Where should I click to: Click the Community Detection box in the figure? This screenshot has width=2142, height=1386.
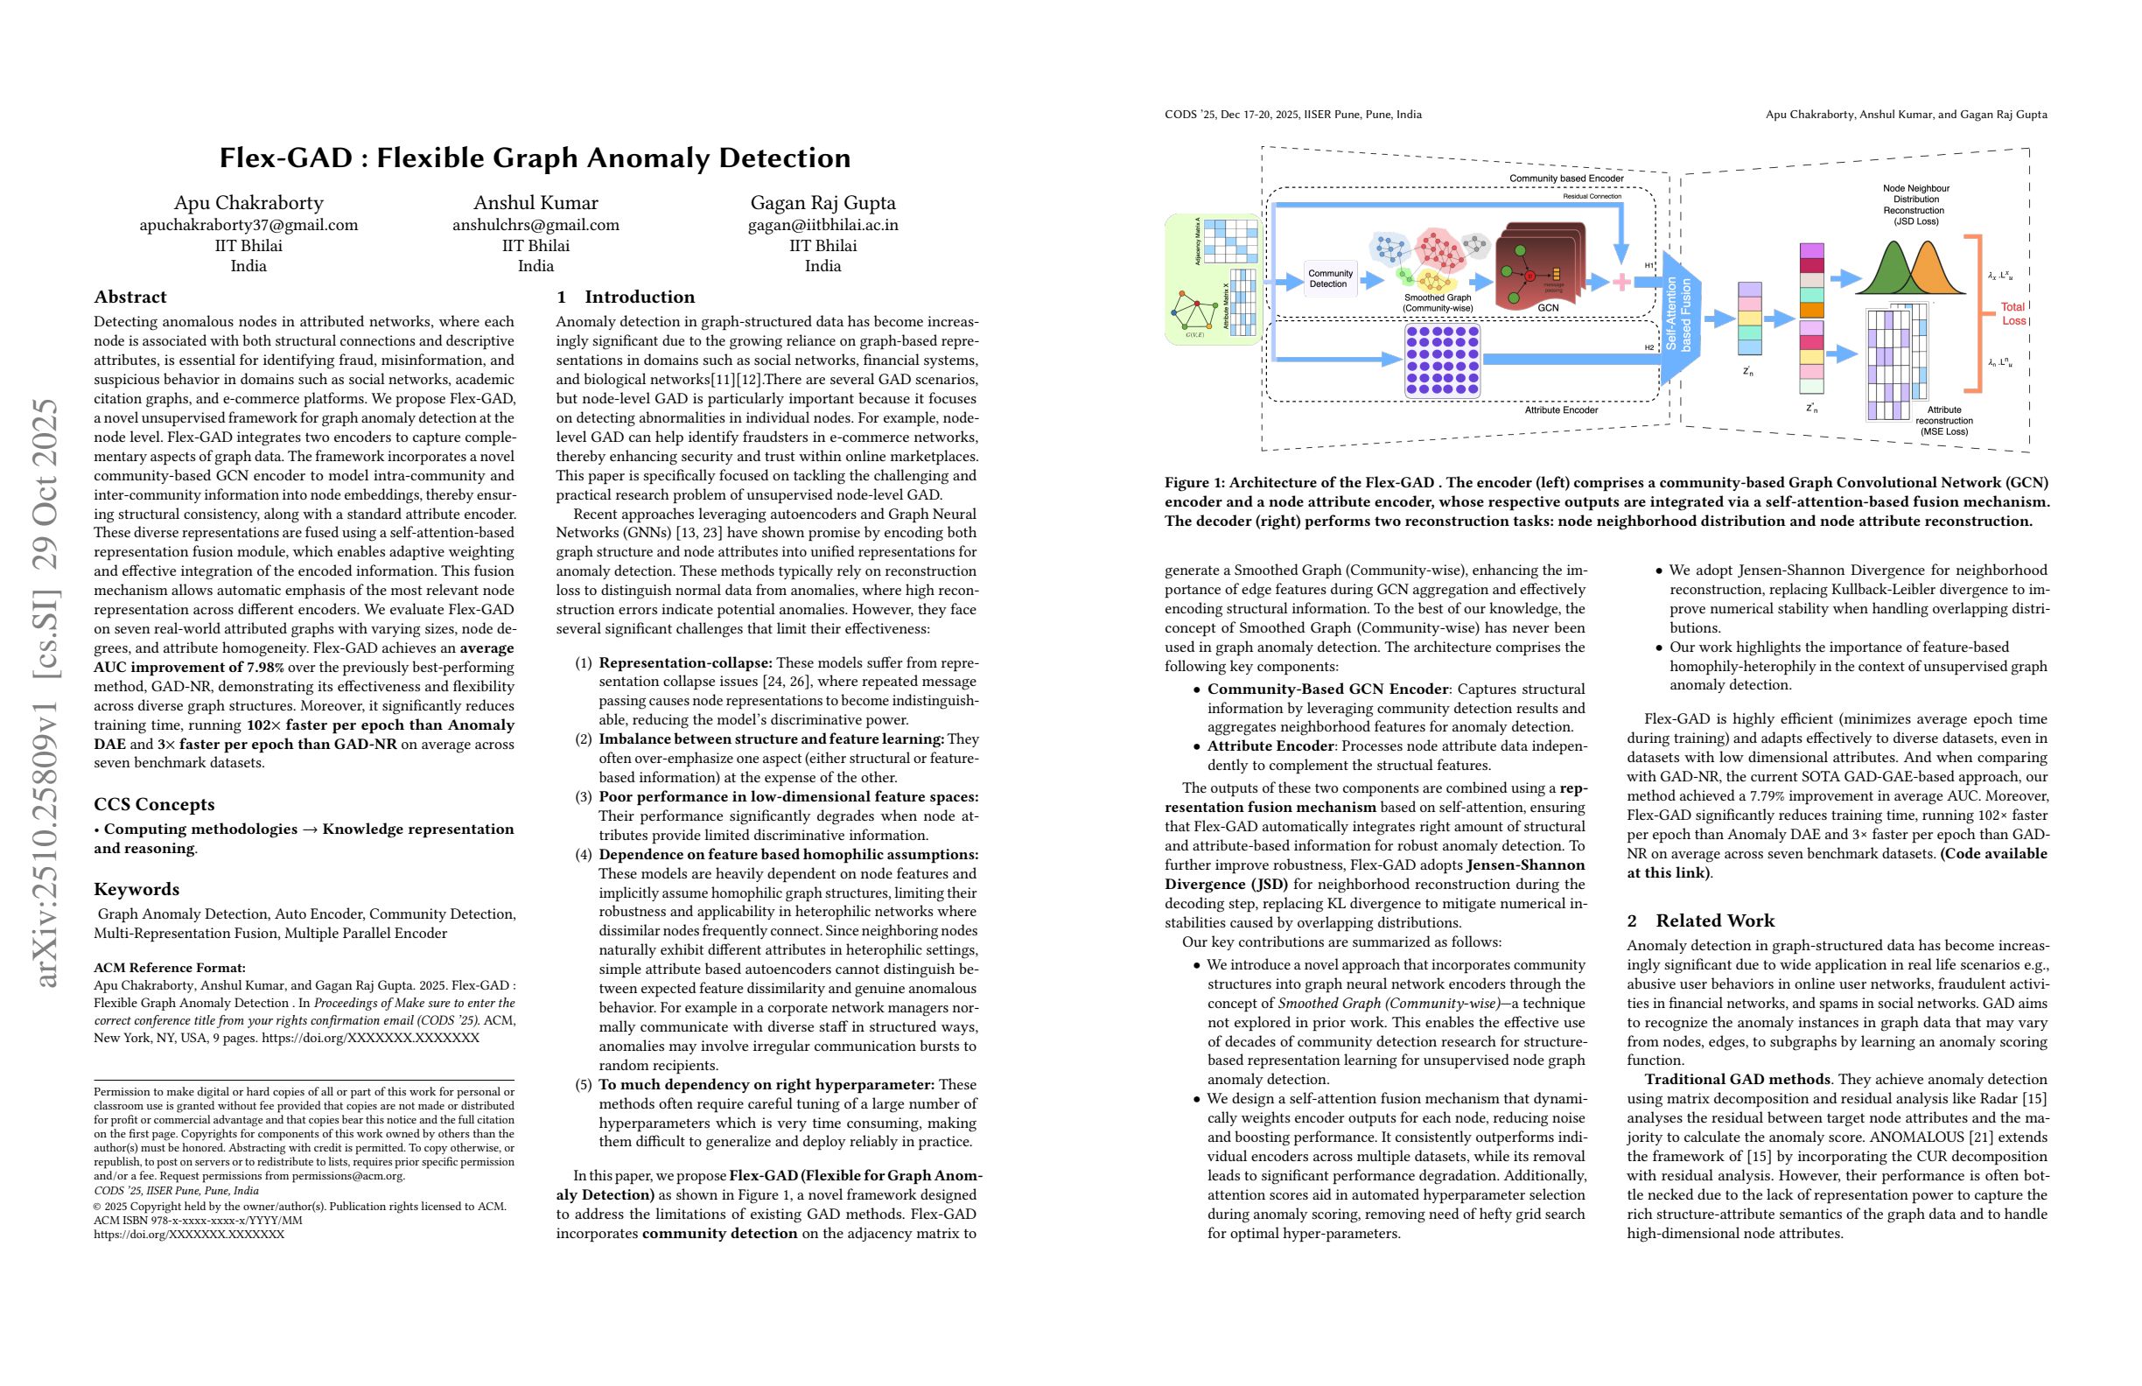(1329, 279)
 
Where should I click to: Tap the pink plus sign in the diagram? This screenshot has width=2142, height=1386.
(1621, 283)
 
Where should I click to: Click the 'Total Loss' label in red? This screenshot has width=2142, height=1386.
(2013, 313)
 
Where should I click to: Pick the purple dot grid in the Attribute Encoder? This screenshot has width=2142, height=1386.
(1443, 360)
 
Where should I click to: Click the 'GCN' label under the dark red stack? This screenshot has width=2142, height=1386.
(1548, 308)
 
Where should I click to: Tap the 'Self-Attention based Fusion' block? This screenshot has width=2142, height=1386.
(1678, 314)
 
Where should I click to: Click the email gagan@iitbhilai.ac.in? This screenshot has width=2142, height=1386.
(822, 225)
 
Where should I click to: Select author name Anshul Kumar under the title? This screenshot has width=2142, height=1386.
(535, 202)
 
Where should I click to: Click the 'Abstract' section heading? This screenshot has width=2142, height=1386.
(130, 297)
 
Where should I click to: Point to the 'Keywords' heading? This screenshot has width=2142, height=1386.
(136, 889)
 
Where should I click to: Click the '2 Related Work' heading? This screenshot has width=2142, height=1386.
(1700, 920)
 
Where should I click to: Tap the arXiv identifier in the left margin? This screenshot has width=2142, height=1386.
(45, 693)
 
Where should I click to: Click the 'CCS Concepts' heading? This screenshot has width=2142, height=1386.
(154, 805)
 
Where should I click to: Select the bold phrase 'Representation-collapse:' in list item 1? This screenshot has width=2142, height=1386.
(685, 663)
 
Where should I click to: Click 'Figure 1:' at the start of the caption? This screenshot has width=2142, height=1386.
(1195, 482)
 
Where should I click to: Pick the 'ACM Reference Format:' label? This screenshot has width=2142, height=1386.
(169, 968)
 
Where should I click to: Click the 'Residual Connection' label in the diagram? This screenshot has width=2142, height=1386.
(1592, 196)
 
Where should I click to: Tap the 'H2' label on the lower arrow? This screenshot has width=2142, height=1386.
(1649, 347)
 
